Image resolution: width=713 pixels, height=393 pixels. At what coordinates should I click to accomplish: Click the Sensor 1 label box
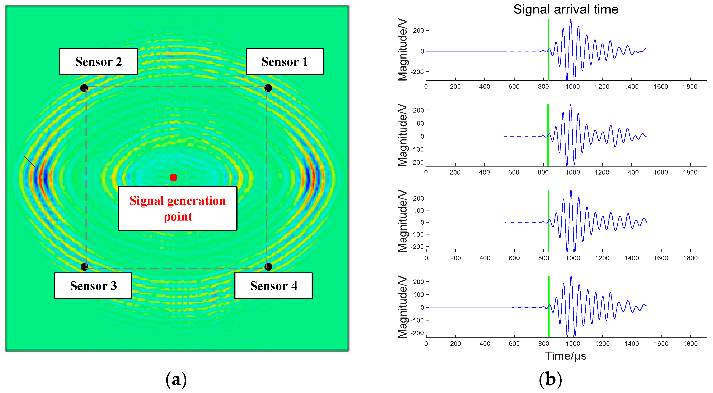(x=285, y=62)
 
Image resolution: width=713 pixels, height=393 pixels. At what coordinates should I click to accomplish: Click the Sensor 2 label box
(x=98, y=62)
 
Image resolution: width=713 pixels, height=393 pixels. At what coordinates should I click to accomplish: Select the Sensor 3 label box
(x=93, y=285)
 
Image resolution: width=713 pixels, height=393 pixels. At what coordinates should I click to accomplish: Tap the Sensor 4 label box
(x=273, y=285)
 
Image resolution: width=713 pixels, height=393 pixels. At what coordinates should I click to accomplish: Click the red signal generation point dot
(x=173, y=177)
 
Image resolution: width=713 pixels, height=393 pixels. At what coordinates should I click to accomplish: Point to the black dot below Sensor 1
(x=268, y=88)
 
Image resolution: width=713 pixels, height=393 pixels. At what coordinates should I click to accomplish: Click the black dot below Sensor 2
(x=84, y=88)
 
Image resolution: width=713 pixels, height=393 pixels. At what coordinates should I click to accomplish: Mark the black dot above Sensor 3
(x=84, y=267)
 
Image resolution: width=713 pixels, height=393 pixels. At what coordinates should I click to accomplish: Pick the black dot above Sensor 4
(x=268, y=267)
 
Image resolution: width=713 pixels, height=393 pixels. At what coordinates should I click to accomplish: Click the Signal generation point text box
(x=177, y=208)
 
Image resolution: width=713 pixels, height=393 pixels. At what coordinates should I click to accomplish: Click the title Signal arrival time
(x=566, y=9)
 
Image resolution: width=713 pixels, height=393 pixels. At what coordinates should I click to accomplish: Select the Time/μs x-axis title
(x=566, y=356)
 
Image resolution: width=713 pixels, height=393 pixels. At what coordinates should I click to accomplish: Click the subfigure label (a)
(x=176, y=380)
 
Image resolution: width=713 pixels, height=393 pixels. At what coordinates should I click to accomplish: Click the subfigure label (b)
(x=550, y=380)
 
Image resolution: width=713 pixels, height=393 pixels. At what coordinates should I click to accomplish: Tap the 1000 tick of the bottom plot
(x=573, y=344)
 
